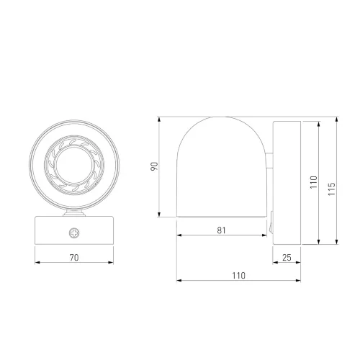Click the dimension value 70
coord(74,258)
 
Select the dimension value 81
coord(221,230)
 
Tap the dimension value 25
coord(287,258)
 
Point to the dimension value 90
coord(154,166)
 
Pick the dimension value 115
coord(331,189)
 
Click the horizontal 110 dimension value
coord(238,276)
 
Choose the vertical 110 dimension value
coord(313,182)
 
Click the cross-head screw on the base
coord(74,233)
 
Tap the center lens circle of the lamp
coord(74,165)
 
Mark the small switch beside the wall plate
coord(271,222)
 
